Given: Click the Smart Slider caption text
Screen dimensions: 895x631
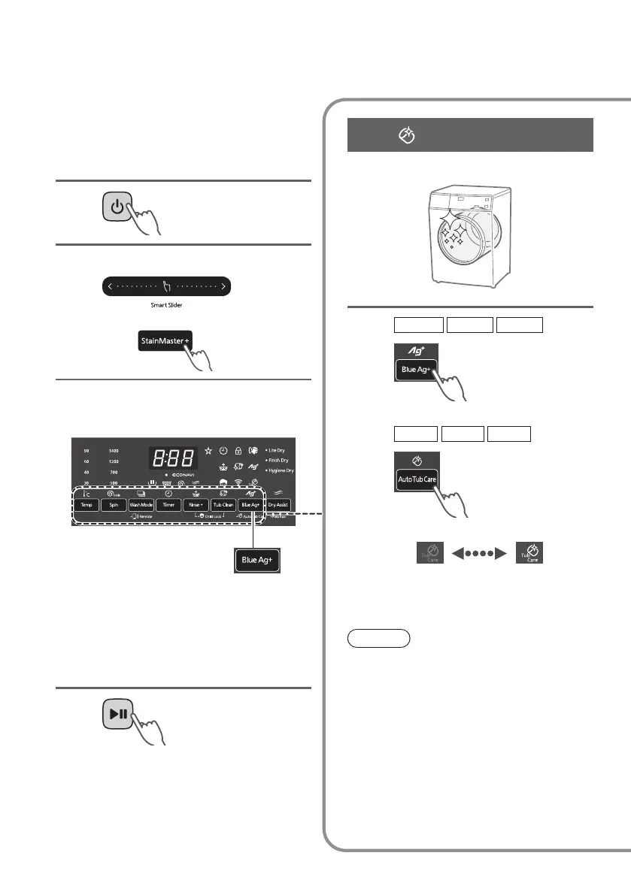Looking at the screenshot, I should coord(166,306).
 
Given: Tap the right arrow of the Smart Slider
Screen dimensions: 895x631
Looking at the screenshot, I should coord(223,286).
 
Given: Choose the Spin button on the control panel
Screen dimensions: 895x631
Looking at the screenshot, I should coord(114,506).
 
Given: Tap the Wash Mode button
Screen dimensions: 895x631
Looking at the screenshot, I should coord(141,506).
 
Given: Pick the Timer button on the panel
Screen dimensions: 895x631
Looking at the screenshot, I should coord(168,506).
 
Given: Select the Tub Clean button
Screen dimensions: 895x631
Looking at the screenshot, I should coord(223,506).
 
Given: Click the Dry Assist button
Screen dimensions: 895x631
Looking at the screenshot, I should coord(278,506).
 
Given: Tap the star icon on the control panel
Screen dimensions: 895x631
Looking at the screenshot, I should coord(208,451).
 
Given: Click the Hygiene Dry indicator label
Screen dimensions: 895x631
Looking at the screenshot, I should coord(278,470).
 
